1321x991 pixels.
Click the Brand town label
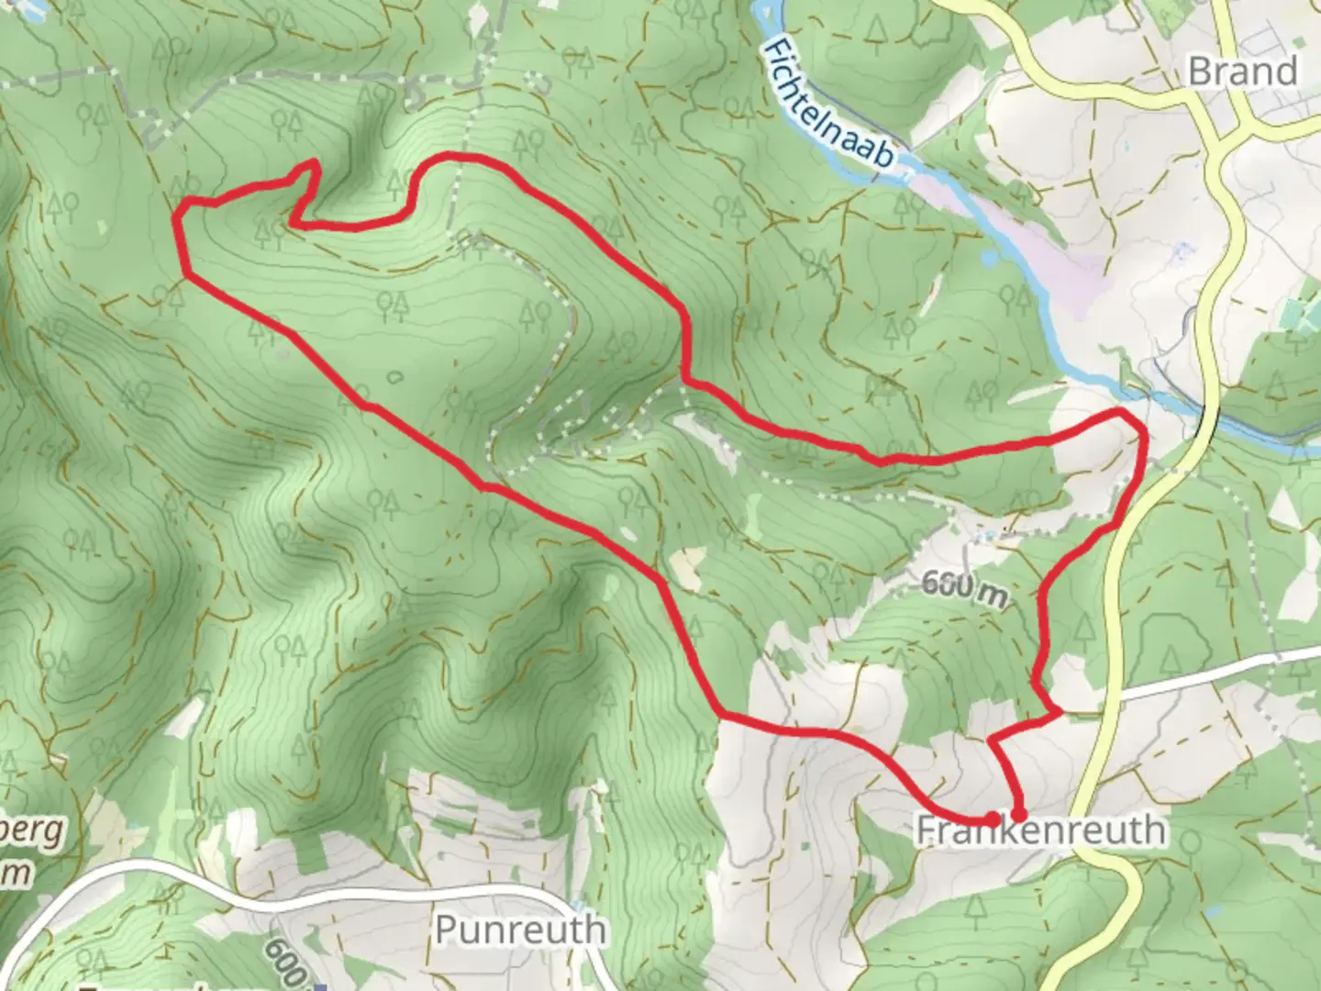1242,71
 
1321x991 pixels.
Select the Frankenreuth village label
1041,830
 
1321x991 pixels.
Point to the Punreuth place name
519,929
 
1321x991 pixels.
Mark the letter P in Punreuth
446,929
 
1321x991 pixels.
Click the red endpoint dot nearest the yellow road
1018,814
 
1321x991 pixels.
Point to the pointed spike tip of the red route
315,163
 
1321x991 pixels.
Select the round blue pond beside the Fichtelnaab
987,261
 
